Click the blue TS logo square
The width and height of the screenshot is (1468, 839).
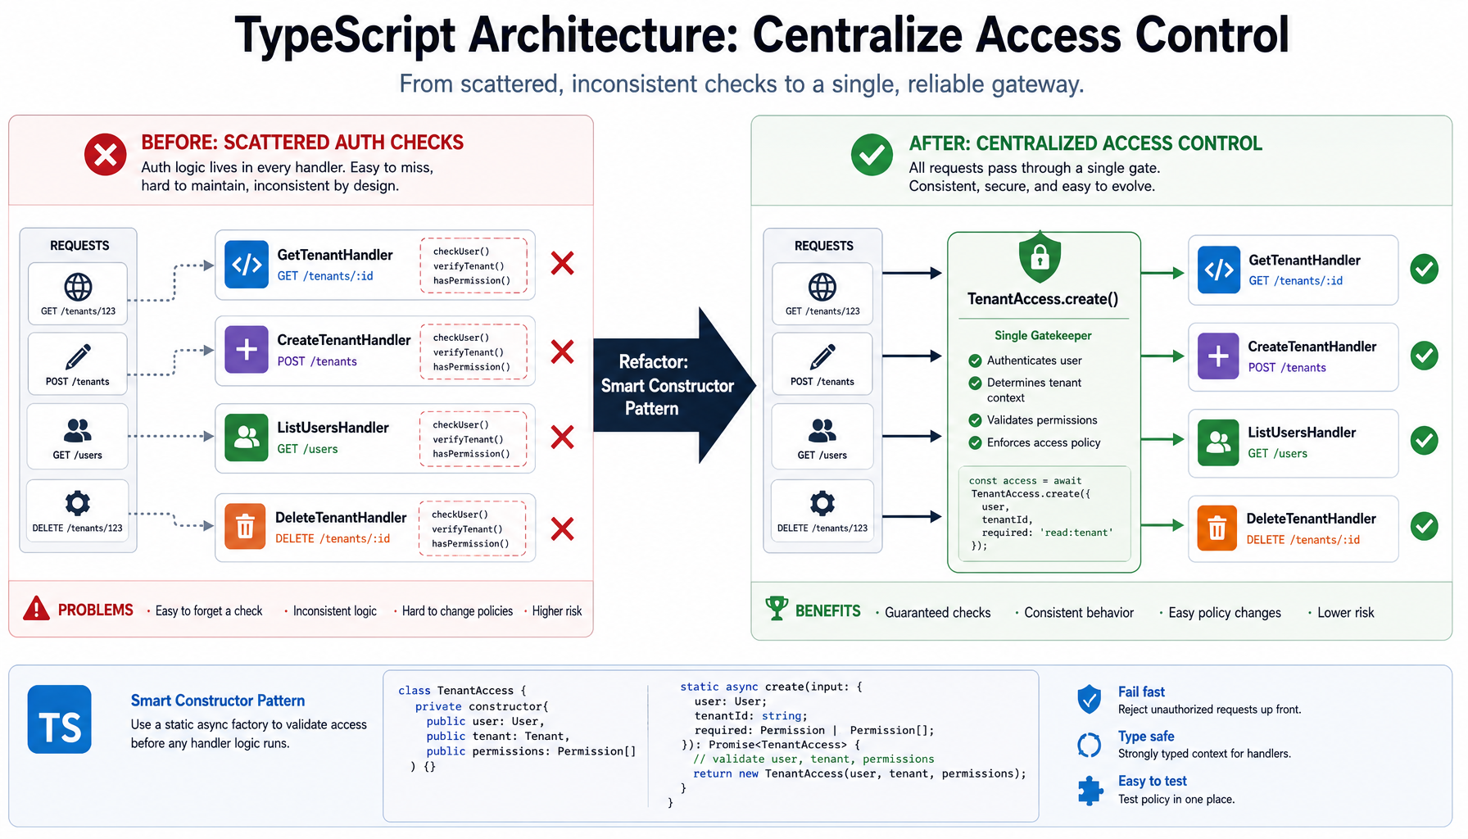pos(59,719)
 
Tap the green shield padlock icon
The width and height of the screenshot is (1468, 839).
pos(1040,257)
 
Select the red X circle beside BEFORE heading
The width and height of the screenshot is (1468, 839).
pos(106,154)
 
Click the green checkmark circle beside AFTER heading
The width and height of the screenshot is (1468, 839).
pos(872,154)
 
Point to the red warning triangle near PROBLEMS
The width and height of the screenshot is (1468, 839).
pos(36,608)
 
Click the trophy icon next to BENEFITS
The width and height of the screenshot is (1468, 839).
pos(776,608)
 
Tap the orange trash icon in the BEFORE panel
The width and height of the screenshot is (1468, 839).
pos(246,526)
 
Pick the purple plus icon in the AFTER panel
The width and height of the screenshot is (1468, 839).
pos(1218,356)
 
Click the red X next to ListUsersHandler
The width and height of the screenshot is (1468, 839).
pos(562,437)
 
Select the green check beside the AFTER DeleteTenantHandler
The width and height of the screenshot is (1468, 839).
pos(1425,526)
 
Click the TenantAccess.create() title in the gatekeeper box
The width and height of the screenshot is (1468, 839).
pos(1043,299)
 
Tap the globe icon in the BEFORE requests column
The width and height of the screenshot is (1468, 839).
pos(78,287)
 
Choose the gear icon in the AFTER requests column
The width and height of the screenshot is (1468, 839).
pos(822,502)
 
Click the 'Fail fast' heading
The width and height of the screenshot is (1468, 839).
pos(1141,692)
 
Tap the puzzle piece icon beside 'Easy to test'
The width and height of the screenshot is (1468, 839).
pos(1090,791)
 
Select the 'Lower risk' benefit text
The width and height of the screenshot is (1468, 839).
pos(1345,612)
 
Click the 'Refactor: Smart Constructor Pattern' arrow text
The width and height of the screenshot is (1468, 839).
pos(667,385)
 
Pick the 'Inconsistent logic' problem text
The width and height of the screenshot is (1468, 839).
pos(335,611)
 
